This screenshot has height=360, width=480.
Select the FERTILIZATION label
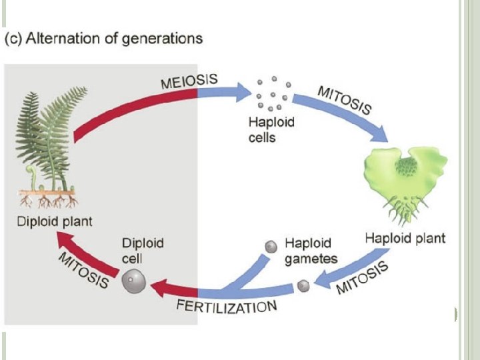click(226, 307)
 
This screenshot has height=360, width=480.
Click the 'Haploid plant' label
click(405, 238)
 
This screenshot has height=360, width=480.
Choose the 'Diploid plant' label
click(55, 221)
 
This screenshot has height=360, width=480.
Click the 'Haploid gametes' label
click(311, 251)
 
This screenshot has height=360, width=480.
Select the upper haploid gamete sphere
click(271, 247)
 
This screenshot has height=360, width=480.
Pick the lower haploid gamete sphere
click(303, 286)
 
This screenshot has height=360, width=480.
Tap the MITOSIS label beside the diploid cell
click(84, 270)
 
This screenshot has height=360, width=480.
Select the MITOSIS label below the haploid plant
click(362, 278)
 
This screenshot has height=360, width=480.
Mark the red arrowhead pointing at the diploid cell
click(157, 288)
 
